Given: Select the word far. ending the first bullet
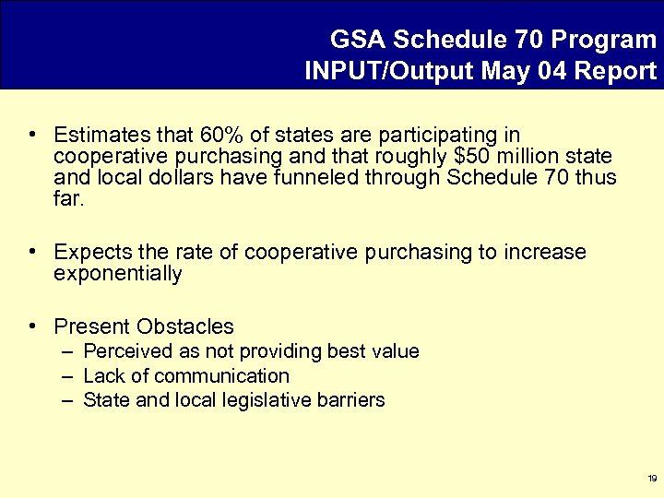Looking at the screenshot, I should point(68,197).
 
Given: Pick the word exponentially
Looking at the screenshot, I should point(118,274).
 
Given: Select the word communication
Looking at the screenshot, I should point(221,375).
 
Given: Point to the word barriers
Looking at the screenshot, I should point(352,400).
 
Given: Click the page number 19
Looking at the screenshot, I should point(652,479).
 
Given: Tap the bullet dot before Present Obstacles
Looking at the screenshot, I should point(32,326).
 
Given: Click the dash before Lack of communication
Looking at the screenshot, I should point(68,376).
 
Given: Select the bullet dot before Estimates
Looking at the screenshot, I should point(32,136).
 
